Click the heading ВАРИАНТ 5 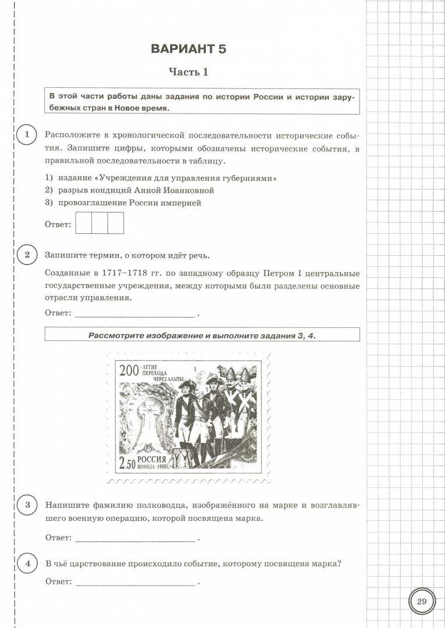188,48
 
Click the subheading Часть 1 188,72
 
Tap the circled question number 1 26,135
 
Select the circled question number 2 26,255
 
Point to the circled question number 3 26,505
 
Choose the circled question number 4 26,563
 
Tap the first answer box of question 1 84,223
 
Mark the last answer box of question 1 116,223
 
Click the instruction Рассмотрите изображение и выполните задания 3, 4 202,334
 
